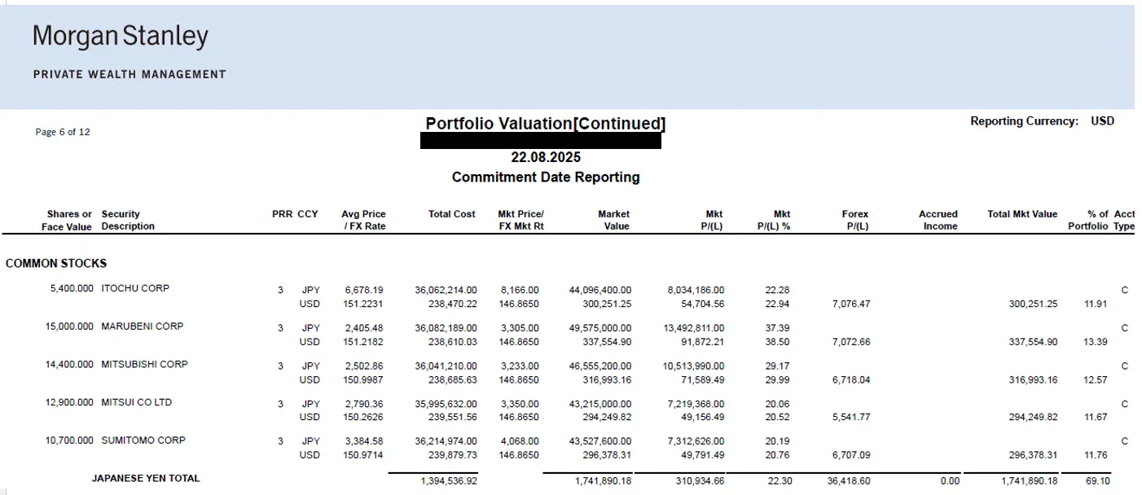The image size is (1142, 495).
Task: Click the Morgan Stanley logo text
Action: pyautogui.click(x=121, y=37)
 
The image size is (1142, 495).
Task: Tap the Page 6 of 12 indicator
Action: pyautogui.click(x=63, y=132)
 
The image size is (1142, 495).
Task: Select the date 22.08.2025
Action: pyautogui.click(x=546, y=157)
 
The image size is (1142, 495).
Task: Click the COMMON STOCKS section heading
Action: pyautogui.click(x=56, y=263)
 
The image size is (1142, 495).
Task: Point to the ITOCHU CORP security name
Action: pyautogui.click(x=135, y=288)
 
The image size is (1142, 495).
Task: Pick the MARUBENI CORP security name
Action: pyautogui.click(x=143, y=326)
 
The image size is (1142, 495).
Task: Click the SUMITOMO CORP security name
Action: pyautogui.click(x=143, y=440)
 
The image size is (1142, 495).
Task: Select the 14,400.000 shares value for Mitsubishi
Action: pyautogui.click(x=69, y=365)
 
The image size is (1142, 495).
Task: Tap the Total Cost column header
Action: pyautogui.click(x=451, y=214)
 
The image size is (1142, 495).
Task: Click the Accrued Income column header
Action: pyautogui.click(x=938, y=220)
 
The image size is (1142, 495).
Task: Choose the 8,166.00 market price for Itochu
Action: pyautogui.click(x=522, y=289)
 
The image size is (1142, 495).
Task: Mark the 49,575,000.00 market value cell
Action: pyautogui.click(x=600, y=327)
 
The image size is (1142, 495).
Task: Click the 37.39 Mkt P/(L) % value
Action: pyautogui.click(x=778, y=327)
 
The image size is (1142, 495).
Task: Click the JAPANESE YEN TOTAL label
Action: pyautogui.click(x=146, y=479)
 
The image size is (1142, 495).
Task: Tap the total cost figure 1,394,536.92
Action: pyautogui.click(x=449, y=482)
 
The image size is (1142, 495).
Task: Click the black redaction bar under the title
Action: pyautogui.click(x=540, y=141)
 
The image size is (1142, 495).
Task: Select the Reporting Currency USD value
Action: pyautogui.click(x=1102, y=121)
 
